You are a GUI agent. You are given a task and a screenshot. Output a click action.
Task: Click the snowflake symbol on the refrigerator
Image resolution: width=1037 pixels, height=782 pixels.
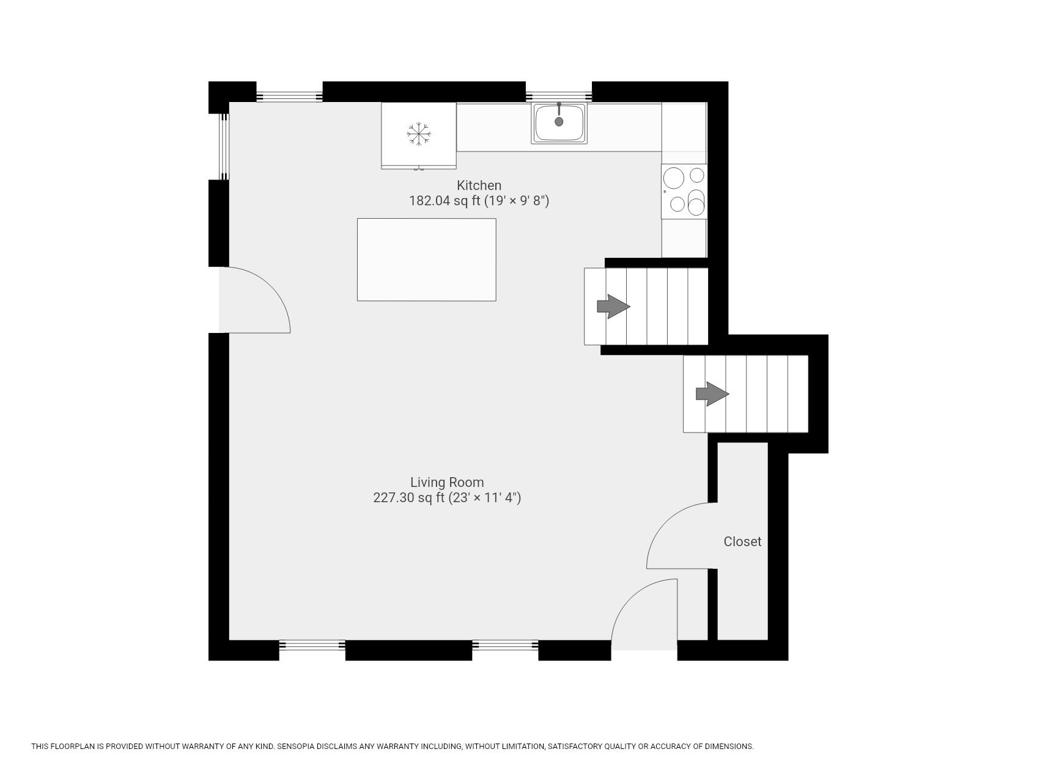(419, 134)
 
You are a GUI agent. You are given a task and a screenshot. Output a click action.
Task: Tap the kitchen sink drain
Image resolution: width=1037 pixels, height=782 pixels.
(559, 122)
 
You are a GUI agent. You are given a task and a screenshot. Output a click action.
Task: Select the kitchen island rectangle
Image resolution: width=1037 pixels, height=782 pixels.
(426, 260)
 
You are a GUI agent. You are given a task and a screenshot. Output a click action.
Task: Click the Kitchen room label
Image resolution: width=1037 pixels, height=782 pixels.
(479, 185)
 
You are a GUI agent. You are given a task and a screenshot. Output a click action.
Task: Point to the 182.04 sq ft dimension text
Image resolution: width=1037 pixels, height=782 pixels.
(479, 201)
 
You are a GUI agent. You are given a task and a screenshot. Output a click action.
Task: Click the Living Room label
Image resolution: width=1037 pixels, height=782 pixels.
(447, 482)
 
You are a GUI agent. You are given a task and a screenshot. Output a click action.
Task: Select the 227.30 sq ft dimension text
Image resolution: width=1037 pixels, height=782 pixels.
(447, 498)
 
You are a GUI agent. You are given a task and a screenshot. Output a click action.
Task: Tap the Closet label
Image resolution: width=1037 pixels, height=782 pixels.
(742, 541)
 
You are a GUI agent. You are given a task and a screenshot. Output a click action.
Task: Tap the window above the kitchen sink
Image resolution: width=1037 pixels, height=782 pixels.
(559, 96)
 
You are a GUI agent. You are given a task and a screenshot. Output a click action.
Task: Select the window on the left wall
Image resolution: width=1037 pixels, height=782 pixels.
(225, 147)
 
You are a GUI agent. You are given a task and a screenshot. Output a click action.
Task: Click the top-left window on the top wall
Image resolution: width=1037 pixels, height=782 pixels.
(289, 96)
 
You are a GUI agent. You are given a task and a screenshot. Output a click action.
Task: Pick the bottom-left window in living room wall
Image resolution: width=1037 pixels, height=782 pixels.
(312, 645)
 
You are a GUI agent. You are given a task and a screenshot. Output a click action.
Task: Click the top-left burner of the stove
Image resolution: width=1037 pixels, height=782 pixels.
(674, 178)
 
